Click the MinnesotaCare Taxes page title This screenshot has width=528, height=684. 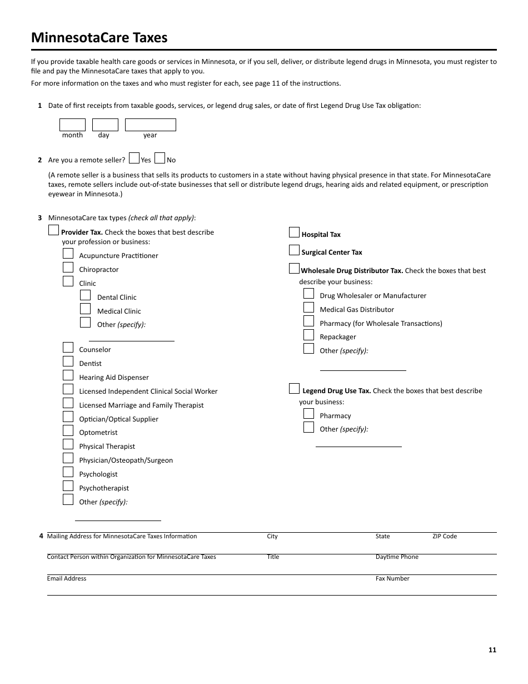[99, 38]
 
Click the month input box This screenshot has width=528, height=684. [72, 125]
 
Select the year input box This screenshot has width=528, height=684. [150, 125]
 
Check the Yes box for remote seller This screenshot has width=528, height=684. [134, 158]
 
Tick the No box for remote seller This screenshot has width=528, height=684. [160, 158]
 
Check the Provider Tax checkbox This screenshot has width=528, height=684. [53, 230]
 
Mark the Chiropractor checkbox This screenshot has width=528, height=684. [68, 267]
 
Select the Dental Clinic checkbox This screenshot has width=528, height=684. [85, 295]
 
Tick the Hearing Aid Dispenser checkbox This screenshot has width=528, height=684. [68, 375]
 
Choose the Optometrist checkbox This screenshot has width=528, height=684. [68, 430]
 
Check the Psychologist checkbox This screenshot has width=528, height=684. [68, 472]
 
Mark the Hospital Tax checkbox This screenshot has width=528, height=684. [294, 232]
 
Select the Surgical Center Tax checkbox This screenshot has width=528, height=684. [294, 250]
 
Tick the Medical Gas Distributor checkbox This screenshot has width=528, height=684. [308, 308]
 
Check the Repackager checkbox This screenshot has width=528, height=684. [308, 335]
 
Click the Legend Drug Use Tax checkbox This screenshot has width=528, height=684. [294, 389]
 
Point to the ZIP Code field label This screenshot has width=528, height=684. [445, 537]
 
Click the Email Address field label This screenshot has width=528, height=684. [67, 579]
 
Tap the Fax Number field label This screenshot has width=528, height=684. [392, 579]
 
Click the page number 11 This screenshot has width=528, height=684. [492, 650]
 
